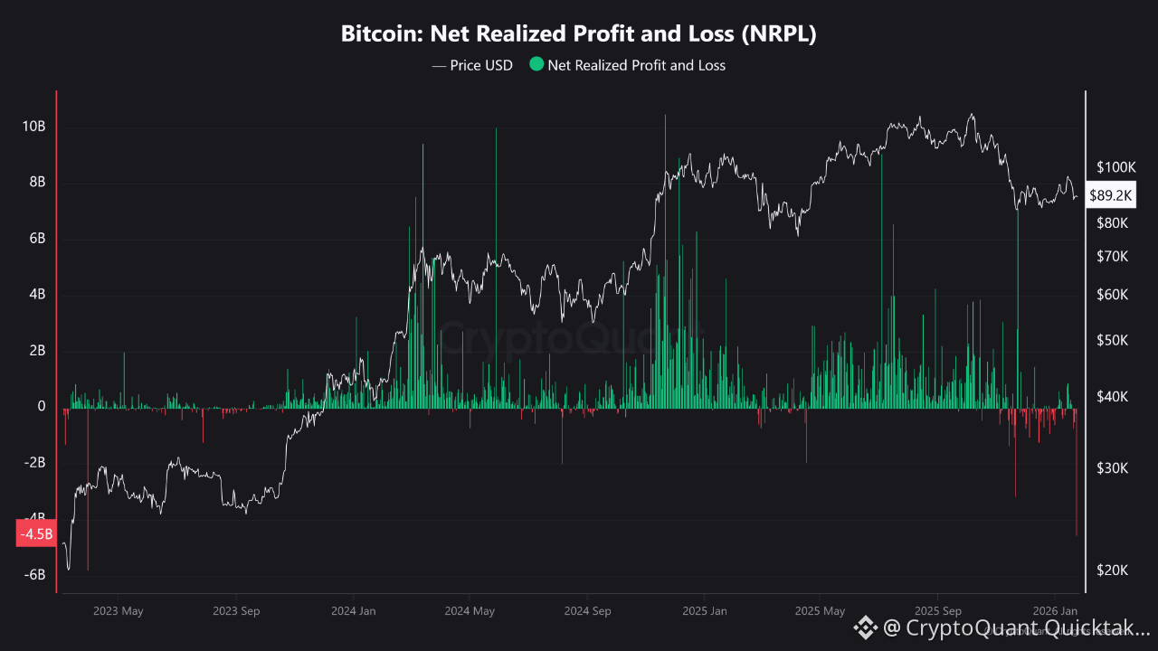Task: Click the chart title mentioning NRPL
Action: (579, 34)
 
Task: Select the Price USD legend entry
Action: (472, 65)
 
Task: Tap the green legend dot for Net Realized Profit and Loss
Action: (537, 64)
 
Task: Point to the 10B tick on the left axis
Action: (33, 127)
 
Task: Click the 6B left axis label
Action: (36, 239)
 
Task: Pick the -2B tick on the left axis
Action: (33, 463)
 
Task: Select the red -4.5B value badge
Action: (37, 533)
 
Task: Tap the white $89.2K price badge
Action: (1112, 194)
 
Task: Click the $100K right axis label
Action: (1115, 167)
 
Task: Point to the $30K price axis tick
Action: (1113, 467)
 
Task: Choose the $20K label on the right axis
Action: (1113, 570)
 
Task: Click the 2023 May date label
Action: (119, 611)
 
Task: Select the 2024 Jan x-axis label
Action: (353, 611)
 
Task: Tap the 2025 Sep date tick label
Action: (939, 611)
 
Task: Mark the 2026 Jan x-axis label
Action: (1056, 611)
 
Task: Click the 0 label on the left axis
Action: (42, 407)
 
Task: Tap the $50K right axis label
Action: (1113, 341)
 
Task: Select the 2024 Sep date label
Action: (588, 611)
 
